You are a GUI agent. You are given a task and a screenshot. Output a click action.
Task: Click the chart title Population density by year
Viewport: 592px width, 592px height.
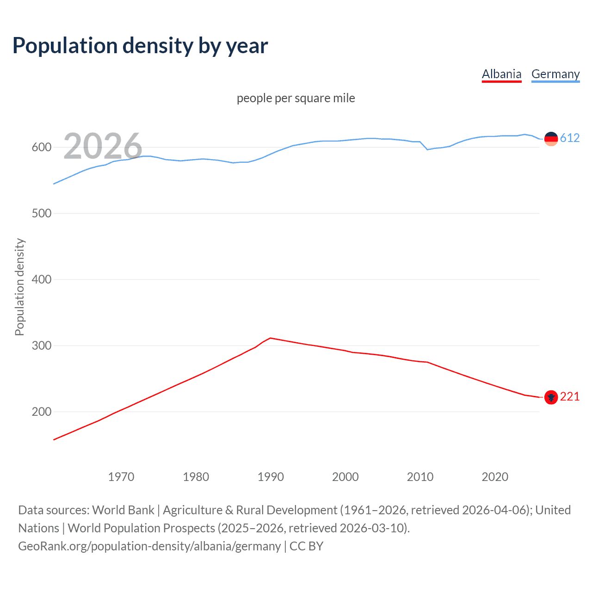140,46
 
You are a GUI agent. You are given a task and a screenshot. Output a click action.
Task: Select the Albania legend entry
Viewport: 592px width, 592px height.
501,74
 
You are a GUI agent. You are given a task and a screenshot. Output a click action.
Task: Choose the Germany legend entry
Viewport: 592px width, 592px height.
555,74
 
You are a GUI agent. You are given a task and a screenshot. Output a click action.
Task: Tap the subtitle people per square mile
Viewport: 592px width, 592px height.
296,98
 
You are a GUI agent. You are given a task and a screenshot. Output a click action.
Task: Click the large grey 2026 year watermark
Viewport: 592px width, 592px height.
103,146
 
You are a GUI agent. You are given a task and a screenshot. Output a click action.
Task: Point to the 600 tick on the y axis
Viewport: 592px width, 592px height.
41,148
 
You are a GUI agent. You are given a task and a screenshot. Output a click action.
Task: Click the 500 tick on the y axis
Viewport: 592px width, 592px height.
41,214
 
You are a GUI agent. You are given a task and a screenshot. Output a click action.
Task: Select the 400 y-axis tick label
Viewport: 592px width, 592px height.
41,280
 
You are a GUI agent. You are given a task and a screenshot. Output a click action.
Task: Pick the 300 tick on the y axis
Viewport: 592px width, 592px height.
41,346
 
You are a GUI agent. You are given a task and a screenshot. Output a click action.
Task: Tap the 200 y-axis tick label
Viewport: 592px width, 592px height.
41,412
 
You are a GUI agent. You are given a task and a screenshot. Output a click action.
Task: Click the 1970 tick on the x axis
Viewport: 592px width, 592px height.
121,477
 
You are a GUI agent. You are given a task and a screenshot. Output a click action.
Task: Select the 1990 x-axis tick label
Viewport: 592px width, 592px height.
271,477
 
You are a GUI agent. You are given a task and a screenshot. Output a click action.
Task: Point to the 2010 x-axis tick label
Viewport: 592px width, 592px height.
420,477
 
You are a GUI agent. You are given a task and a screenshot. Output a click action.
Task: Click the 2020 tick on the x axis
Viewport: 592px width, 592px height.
495,477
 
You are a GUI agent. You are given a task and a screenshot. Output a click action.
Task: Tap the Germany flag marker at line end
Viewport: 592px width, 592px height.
551,138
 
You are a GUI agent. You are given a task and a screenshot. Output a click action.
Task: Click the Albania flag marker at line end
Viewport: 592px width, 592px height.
551,397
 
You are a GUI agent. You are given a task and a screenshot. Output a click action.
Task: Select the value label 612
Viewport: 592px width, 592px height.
570,138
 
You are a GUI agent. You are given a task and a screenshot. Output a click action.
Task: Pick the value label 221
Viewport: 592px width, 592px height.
570,397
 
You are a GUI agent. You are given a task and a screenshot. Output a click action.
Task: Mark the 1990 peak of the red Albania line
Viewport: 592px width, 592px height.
271,338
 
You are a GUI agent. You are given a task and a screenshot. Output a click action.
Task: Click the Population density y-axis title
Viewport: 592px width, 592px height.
19,287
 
